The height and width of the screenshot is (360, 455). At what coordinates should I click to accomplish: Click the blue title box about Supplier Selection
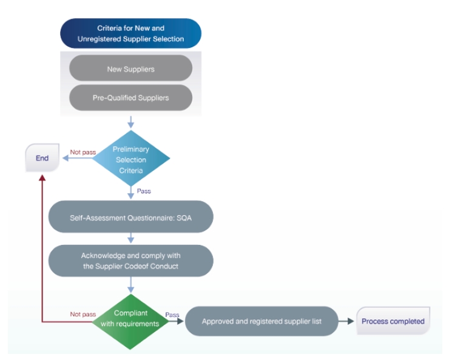point(131,34)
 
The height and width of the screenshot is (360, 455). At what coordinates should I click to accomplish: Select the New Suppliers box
point(131,68)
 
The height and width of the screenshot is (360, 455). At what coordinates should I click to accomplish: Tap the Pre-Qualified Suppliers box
point(131,97)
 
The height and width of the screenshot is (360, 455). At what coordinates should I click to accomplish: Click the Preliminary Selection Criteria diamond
point(131,159)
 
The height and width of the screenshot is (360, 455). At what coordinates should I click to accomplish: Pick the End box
point(42,158)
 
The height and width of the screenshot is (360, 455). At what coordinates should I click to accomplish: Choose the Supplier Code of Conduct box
point(131,261)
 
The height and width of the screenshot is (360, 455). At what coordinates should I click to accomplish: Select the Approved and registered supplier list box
point(261,321)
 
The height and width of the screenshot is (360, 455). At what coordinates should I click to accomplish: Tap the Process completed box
point(393,321)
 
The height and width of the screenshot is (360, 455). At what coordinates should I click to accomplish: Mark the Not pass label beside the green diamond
point(84,315)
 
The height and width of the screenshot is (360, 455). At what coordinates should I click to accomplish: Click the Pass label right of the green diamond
point(171,315)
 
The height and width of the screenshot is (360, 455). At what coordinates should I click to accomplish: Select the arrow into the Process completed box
point(347,321)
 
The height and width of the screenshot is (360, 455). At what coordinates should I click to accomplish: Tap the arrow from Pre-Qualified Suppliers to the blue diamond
point(131,122)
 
